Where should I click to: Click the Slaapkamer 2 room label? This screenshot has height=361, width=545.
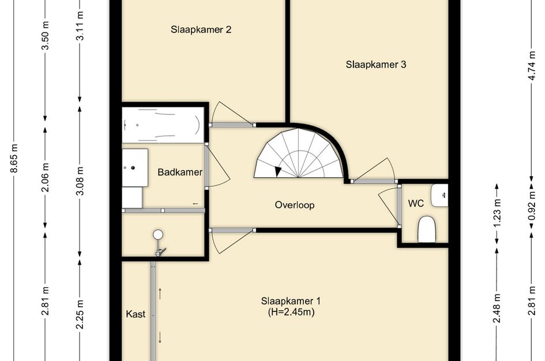tap(201, 29)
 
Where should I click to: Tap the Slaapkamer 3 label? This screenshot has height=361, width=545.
tap(375, 64)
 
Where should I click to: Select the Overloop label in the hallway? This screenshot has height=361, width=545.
tap(295, 205)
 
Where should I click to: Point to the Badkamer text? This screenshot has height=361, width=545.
tap(180, 172)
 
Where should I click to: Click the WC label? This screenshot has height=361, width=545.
tap(416, 203)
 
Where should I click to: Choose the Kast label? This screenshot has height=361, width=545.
tap(136, 314)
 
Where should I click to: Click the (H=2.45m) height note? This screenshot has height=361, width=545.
tap(291, 312)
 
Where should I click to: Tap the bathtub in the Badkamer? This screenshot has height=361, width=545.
tap(163, 125)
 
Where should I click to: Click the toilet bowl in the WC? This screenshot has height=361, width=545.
tap(426, 229)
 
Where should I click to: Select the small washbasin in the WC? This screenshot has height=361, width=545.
tap(439, 195)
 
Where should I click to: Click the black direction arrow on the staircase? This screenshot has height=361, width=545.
tap(278, 172)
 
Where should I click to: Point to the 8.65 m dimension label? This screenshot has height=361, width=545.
tap(14, 158)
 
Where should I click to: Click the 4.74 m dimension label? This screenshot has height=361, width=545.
tap(531, 65)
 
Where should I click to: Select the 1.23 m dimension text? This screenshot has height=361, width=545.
tap(497, 213)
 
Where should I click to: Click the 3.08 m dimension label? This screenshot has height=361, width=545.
tap(80, 181)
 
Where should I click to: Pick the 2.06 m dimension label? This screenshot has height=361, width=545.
tap(45, 177)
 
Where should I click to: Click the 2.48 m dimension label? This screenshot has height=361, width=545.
tap(497, 308)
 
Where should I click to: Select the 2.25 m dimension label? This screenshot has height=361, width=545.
tap(80, 314)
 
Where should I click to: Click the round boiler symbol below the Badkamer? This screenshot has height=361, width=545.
tap(158, 235)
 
